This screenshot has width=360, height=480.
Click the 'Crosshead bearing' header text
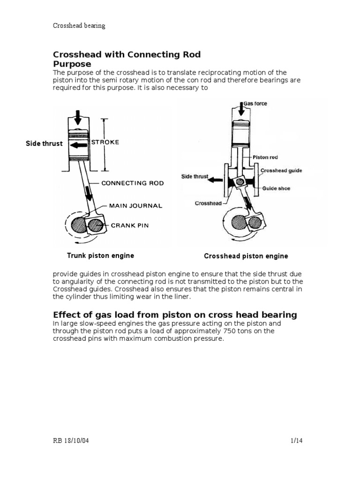click(79, 26)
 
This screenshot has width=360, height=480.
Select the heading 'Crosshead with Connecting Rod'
click(127, 54)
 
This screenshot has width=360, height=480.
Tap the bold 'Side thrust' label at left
click(44, 143)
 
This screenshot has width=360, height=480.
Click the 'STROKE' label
click(105, 142)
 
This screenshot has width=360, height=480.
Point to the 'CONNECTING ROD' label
click(133, 183)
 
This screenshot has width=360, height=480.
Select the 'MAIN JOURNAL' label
click(135, 205)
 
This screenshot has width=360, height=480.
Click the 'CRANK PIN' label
click(129, 225)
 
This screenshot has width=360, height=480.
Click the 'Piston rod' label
click(265, 157)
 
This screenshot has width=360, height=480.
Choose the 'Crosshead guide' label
click(281, 171)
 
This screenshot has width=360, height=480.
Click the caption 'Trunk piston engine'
click(100, 255)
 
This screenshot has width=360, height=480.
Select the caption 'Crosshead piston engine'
click(246, 256)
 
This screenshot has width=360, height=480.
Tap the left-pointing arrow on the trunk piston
click(78, 145)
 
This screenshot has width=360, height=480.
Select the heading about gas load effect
click(175, 315)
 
